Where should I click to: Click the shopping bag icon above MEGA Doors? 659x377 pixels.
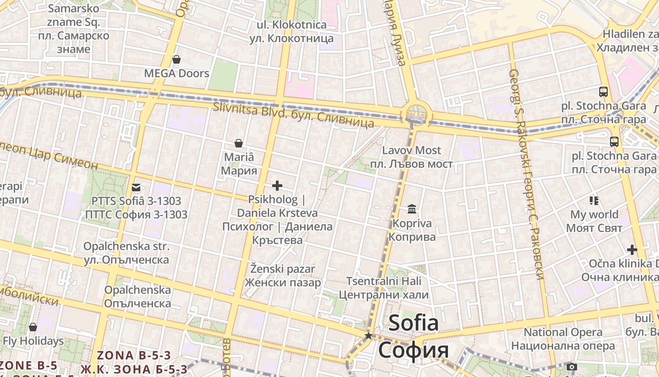pos(176,59)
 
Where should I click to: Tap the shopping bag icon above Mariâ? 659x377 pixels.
pos(239,143)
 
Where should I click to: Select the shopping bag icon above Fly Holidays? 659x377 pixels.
pos(33,327)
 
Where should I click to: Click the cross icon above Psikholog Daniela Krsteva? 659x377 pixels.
pos(277,186)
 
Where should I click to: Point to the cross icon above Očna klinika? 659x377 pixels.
pos(632,250)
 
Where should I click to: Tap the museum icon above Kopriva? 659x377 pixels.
pos(412,209)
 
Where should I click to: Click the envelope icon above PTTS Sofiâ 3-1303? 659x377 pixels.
pos(136,188)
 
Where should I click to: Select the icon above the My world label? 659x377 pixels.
pos(594,201)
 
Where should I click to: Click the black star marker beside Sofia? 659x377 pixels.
pos(369,336)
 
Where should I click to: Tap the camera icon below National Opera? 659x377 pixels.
pos(571,367)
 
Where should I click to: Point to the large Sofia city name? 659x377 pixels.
pos(413,337)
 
